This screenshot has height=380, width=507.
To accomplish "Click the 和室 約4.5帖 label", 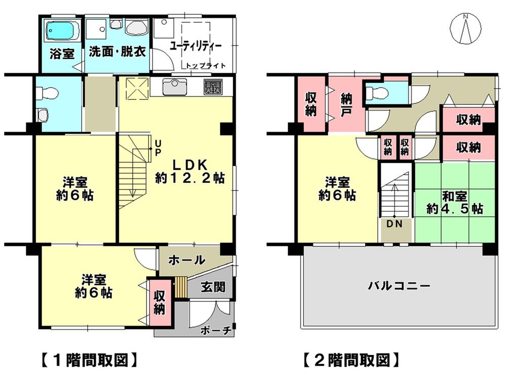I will pos(454,203).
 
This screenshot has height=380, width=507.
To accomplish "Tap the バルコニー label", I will pos(399,286).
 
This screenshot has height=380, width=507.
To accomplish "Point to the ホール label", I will pos(186,260).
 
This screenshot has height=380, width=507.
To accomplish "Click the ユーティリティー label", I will pos(195,46).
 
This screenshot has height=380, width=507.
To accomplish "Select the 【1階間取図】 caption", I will pos(88,360).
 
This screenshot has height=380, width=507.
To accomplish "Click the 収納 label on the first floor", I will pos(159,301).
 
